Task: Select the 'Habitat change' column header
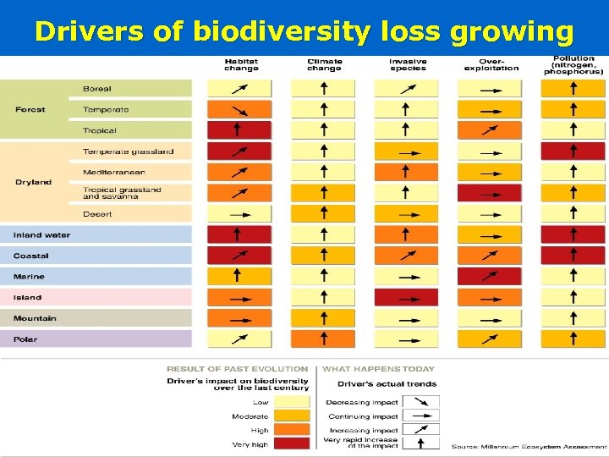coord(240,64)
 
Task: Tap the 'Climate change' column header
coord(324,64)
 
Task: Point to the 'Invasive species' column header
coord(407,64)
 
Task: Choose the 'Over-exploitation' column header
coord(491,64)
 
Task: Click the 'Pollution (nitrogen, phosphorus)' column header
coord(573,64)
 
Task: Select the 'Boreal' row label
coord(96,89)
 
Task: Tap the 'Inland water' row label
coord(41,235)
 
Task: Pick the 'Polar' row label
coord(25,339)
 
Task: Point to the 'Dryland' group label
coord(33,182)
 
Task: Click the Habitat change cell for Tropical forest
coord(240,130)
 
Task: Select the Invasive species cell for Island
coord(407,297)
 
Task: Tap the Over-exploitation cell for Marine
coord(490,276)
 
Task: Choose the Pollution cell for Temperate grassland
coord(573,151)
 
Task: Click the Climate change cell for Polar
coord(323,339)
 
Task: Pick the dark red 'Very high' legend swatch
coord(293,443)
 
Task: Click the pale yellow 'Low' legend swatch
coord(293,402)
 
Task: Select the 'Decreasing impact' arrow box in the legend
coord(420,402)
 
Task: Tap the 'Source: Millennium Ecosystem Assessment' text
coord(528,446)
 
